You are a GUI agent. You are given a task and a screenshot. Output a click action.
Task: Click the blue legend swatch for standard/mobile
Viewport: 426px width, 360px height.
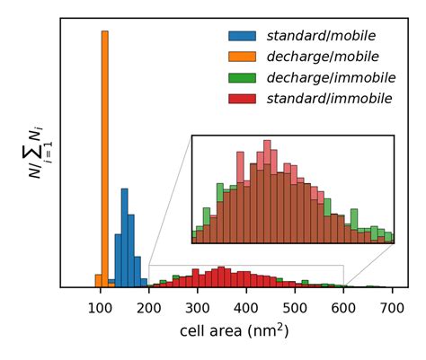tap(242, 37)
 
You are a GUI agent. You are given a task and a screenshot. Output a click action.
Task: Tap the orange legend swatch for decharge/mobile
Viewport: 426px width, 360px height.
tap(242, 57)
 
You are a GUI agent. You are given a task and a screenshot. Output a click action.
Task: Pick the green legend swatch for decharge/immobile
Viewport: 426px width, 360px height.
tap(242, 77)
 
